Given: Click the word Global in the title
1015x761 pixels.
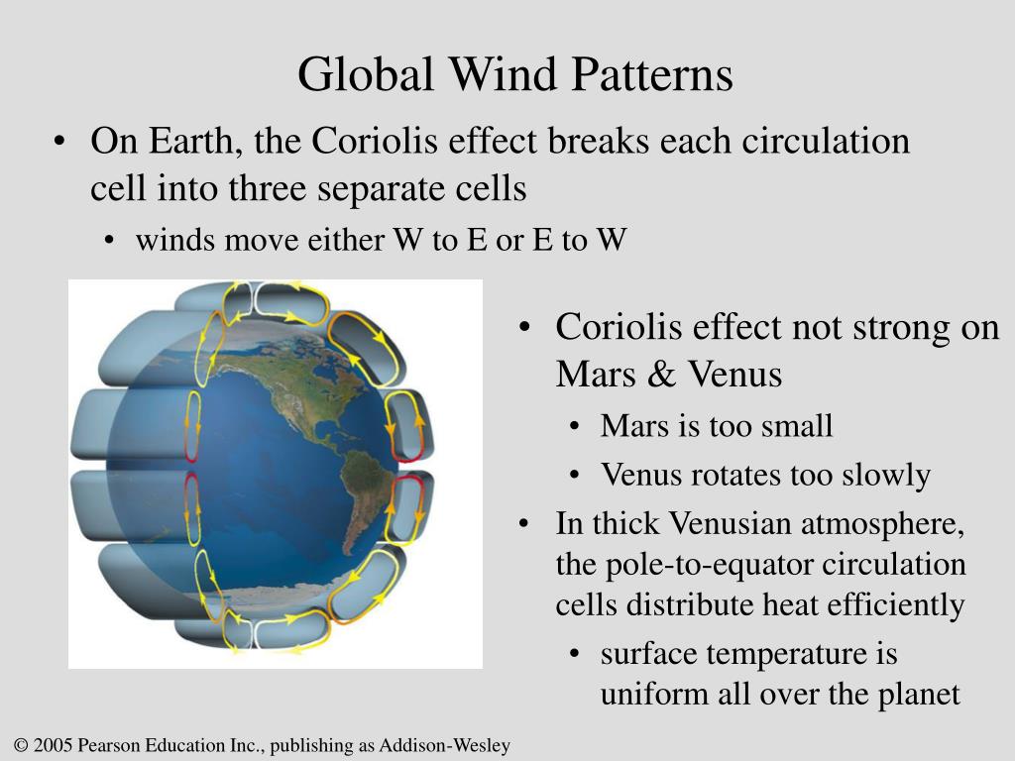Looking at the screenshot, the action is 366,73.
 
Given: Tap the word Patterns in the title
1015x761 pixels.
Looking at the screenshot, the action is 652,73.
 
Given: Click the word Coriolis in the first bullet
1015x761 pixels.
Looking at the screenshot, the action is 375,141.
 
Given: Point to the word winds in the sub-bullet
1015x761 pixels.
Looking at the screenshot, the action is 175,240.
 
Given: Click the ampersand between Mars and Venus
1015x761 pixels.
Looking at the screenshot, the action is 661,374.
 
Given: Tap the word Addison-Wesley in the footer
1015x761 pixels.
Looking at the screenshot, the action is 445,745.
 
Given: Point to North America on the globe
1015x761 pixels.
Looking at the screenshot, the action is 291,388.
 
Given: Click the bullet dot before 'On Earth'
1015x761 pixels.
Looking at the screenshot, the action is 60,142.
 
